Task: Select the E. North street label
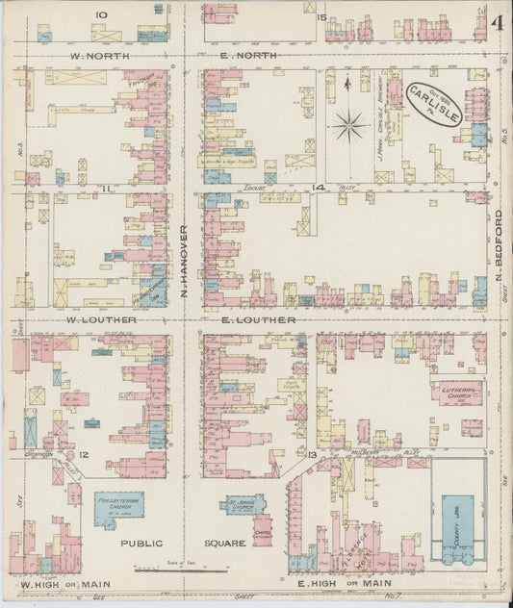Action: point(248,56)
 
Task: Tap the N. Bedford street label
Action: point(500,241)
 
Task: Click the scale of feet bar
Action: point(179,570)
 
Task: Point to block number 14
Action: point(315,186)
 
